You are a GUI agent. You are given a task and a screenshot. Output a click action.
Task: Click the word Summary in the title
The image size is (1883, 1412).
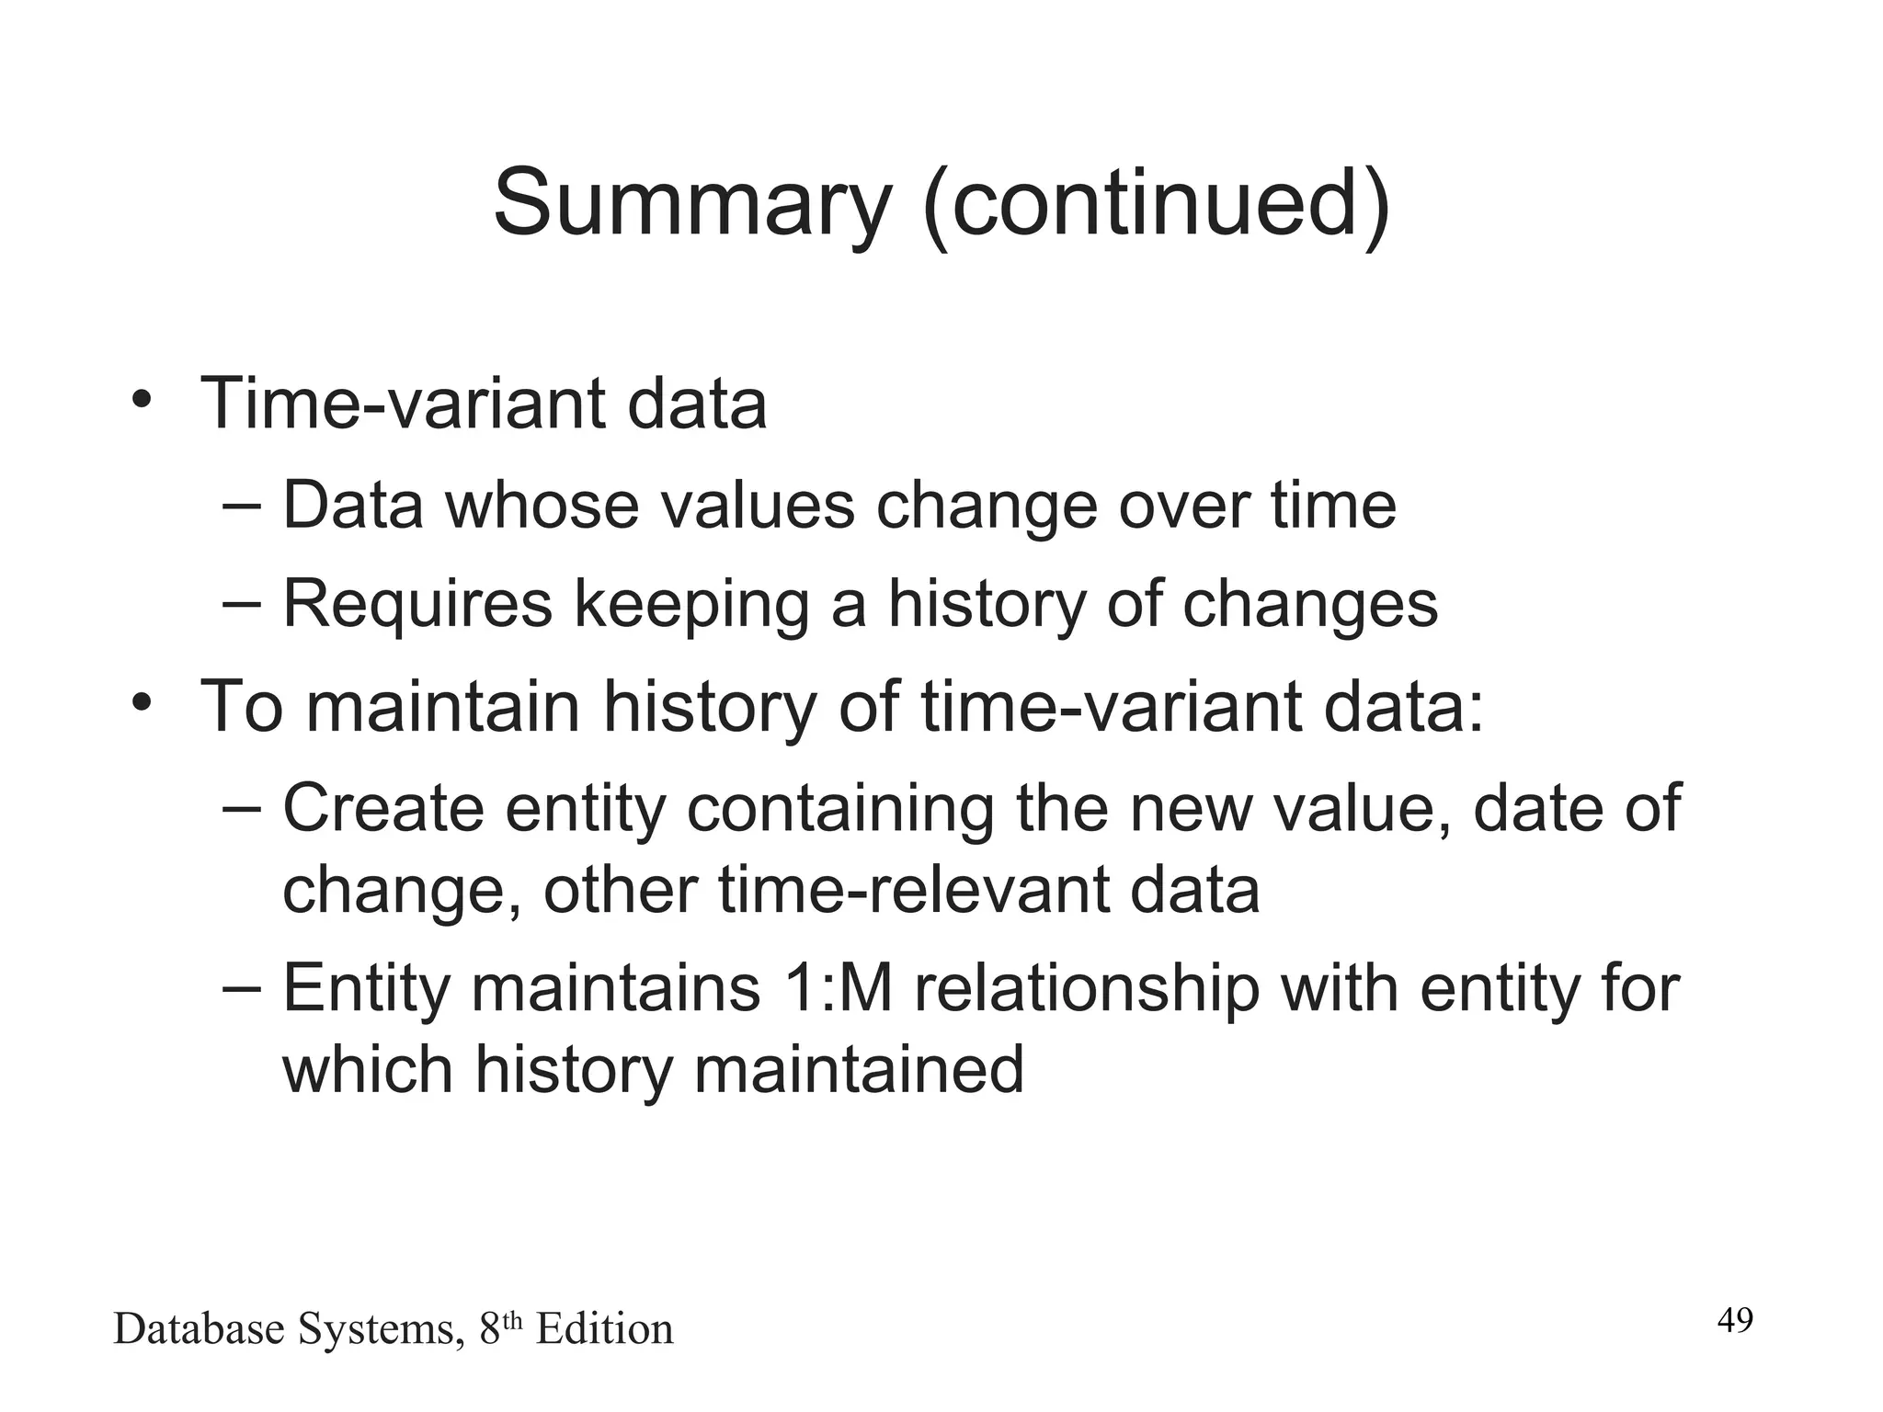[692, 204]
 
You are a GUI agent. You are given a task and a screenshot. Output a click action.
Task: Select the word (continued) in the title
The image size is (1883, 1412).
[1157, 204]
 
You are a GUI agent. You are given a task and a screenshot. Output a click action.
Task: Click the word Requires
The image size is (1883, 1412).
[417, 605]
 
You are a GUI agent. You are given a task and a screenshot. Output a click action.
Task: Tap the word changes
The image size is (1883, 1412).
[1309, 605]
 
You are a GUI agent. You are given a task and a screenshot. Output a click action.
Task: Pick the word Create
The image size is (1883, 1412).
[383, 808]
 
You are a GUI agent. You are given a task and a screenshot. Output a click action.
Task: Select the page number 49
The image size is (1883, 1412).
[1735, 1321]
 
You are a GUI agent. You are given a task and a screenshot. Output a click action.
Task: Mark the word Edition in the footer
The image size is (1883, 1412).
[604, 1329]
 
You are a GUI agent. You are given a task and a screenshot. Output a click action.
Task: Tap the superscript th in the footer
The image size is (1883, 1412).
[513, 1320]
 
